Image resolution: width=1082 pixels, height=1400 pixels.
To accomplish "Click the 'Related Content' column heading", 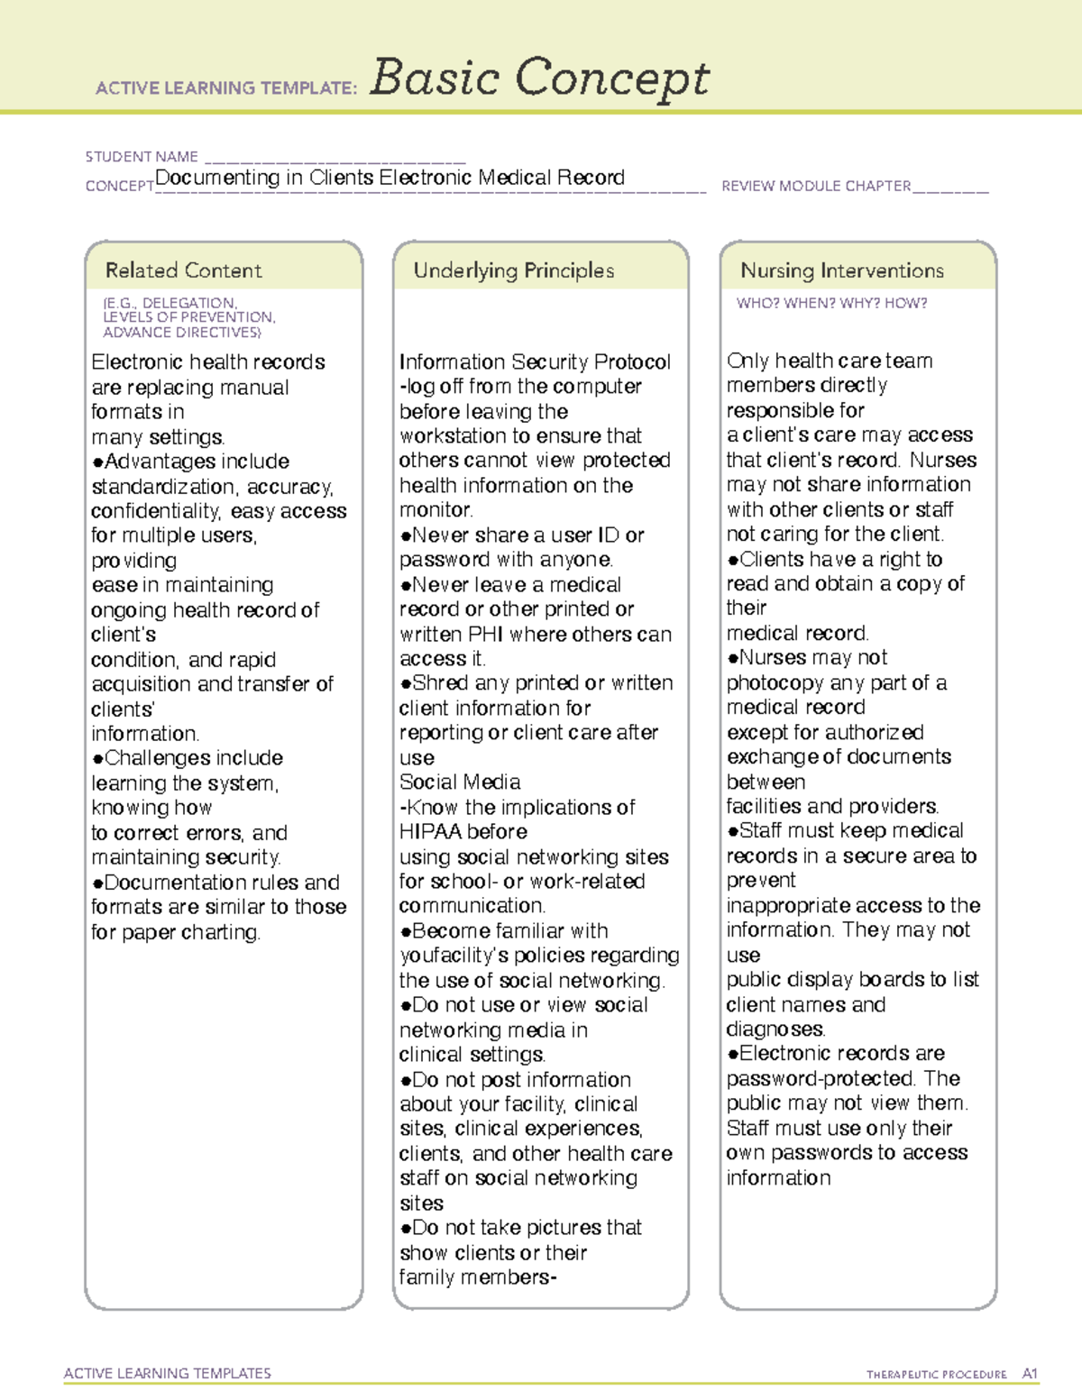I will tap(183, 270).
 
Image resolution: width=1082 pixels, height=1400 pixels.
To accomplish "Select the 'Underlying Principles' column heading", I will tap(513, 270).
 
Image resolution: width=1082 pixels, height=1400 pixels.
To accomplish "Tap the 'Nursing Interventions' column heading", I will tap(841, 270).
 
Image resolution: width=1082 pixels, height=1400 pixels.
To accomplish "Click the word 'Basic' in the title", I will tap(435, 78).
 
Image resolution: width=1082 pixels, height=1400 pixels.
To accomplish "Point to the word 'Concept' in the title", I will tap(612, 78).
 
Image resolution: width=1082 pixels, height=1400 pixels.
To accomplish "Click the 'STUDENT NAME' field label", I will tap(142, 157).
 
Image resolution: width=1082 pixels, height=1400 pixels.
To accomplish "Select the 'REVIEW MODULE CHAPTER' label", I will tap(816, 187).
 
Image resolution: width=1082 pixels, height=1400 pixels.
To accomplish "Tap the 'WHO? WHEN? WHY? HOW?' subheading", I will tap(831, 304).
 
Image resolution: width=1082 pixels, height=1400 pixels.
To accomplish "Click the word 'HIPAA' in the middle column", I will tap(430, 832).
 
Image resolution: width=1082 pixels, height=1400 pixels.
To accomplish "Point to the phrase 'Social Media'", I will tap(460, 782).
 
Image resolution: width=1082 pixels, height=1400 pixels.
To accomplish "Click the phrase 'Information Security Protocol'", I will tap(535, 362).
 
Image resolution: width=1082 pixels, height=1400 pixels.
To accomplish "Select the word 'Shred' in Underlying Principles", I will tap(440, 683).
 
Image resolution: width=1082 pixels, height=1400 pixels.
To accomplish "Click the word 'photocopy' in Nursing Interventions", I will tap(775, 683).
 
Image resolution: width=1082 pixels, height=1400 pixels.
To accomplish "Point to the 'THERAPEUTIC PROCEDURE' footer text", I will tap(936, 1375).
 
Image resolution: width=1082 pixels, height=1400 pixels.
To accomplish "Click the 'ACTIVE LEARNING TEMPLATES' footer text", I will tap(168, 1373).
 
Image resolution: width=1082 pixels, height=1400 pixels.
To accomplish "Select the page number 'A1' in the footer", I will tap(1030, 1374).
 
